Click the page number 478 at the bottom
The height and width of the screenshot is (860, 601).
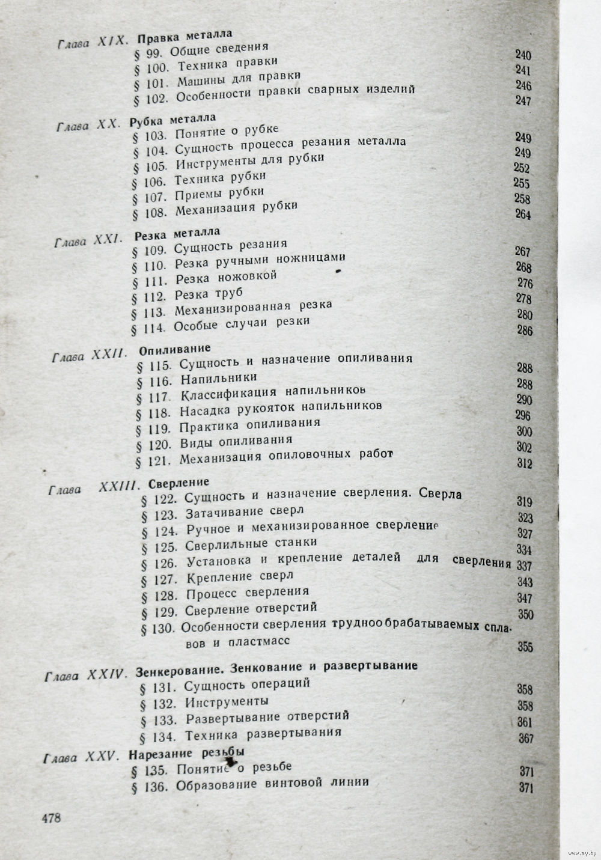(x=51, y=817)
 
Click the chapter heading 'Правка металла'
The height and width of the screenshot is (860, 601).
(x=185, y=37)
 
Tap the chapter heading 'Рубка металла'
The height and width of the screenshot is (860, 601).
(x=172, y=120)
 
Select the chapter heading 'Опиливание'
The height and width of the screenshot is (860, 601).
(x=174, y=348)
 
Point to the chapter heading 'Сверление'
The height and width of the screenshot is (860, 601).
(x=178, y=482)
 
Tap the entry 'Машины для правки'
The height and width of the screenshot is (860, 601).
(x=239, y=78)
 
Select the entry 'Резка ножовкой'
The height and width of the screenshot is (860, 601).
(x=226, y=278)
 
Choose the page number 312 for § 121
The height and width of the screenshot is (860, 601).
(x=524, y=463)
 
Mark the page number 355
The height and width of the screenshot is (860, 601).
(x=525, y=647)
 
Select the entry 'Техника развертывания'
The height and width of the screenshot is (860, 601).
(x=263, y=734)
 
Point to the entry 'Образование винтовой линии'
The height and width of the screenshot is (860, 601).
(x=272, y=784)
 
